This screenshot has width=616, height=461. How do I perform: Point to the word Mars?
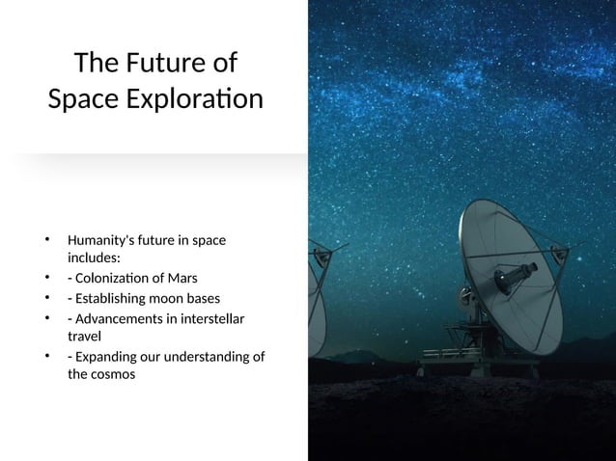182,279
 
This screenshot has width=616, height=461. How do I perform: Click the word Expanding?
103,358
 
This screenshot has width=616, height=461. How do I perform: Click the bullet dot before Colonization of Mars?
45,279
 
